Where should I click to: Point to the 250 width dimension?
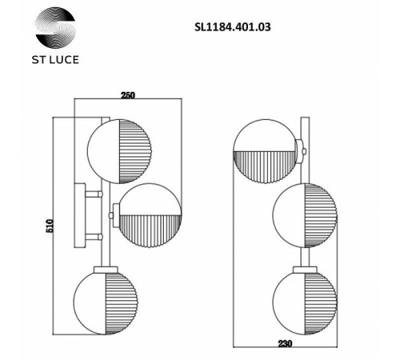click(x=128, y=95)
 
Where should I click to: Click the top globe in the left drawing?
click(x=119, y=150)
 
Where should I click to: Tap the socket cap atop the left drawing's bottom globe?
click(x=105, y=270)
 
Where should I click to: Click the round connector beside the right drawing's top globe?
click(x=299, y=150)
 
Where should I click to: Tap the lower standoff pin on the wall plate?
click(x=95, y=237)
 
